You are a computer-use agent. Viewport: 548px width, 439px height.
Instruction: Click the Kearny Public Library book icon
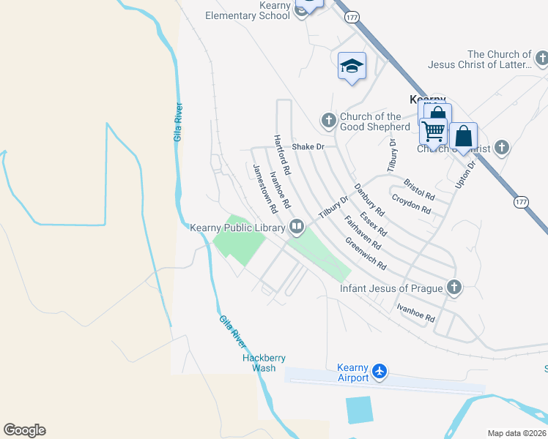tap(297, 226)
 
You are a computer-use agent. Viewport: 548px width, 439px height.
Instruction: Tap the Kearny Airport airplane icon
tap(379, 372)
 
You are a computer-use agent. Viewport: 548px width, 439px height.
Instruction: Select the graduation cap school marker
tap(352, 66)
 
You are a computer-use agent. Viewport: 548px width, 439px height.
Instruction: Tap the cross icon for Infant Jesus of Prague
tap(454, 288)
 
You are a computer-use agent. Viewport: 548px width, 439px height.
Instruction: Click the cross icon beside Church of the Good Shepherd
tap(328, 119)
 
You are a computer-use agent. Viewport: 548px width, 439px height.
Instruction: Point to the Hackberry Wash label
tap(264, 363)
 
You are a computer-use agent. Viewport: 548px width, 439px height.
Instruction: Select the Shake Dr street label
tap(308, 147)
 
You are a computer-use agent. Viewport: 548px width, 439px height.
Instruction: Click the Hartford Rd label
tap(282, 154)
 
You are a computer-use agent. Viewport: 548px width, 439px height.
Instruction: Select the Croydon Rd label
tap(411, 204)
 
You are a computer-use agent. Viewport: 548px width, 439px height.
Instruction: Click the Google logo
tap(24, 430)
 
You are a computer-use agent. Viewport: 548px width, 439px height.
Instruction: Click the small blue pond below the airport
tap(359, 410)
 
